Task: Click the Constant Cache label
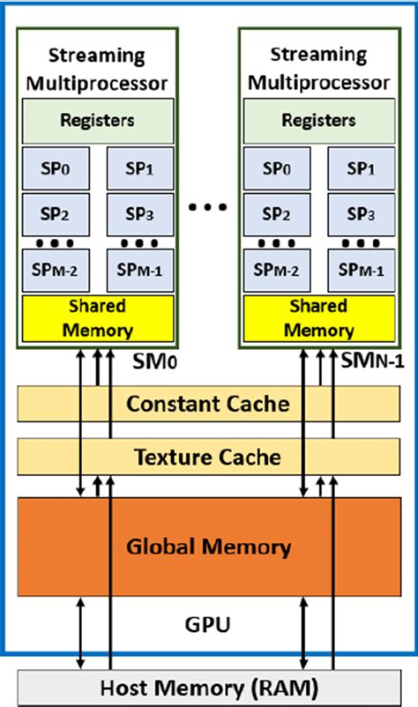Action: (207, 404)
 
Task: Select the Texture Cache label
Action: (207, 457)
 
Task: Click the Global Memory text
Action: (207, 547)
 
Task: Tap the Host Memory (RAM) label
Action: (207, 688)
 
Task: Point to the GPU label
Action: (208, 627)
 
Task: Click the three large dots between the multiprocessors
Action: (208, 208)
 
